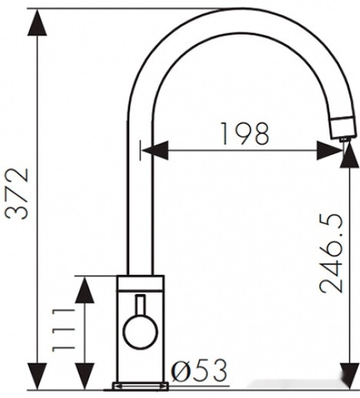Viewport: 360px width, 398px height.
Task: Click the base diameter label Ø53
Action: click(x=200, y=372)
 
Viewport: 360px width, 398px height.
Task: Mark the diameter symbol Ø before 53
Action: click(x=182, y=372)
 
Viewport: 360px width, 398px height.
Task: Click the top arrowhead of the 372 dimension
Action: click(x=35, y=23)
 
